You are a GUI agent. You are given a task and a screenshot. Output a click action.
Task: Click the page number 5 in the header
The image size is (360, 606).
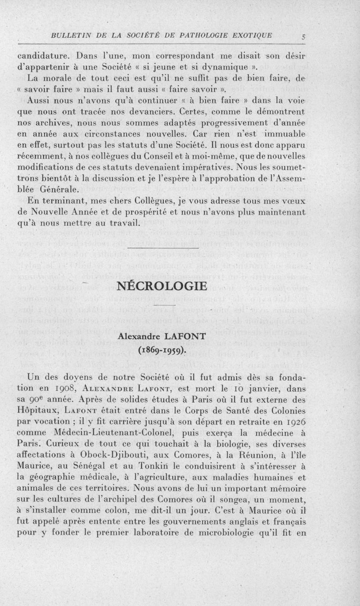[x=303, y=38]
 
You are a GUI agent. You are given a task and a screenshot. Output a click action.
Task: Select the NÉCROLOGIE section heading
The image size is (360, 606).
[x=161, y=286]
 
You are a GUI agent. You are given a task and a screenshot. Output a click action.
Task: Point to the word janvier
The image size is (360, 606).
[x=255, y=388]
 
